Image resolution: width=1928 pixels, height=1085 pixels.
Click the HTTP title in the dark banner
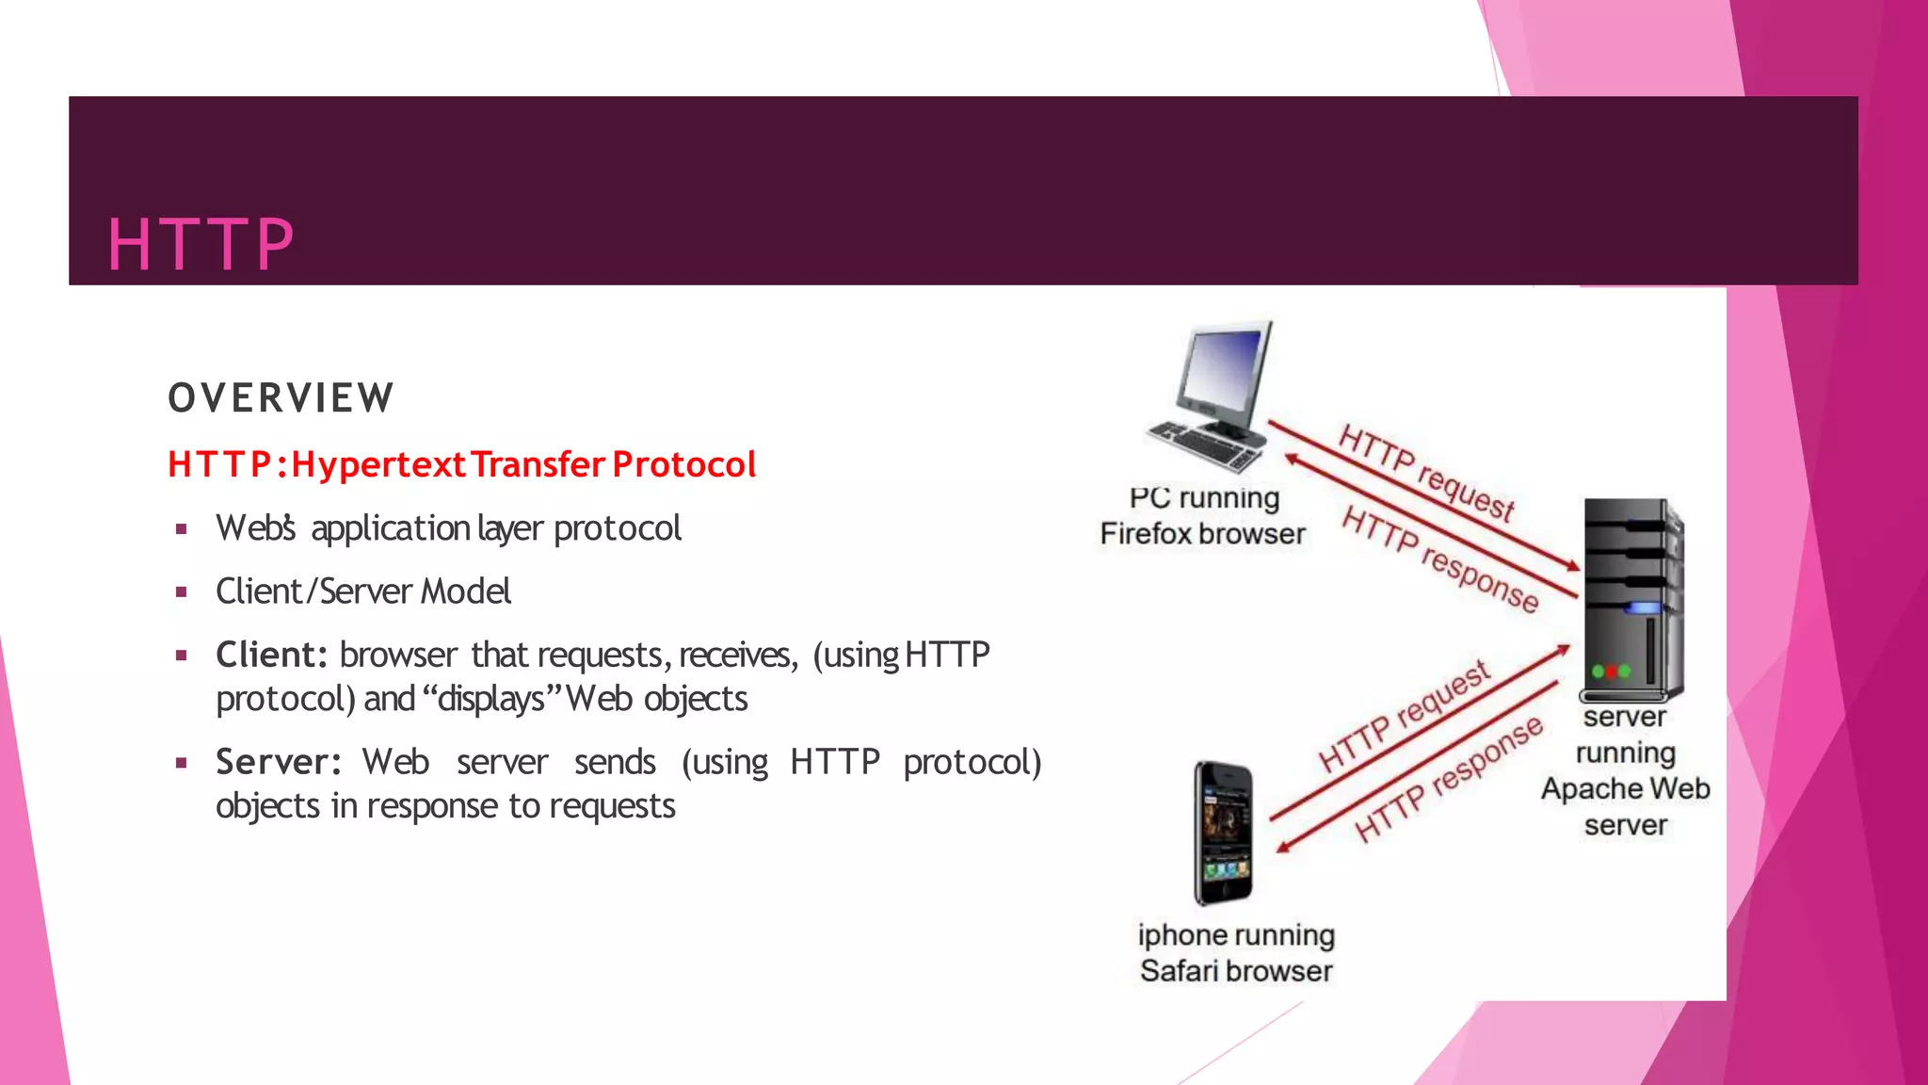click(x=201, y=245)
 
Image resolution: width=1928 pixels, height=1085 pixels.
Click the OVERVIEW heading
click(x=281, y=397)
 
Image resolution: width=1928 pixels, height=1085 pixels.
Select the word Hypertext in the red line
click(x=378, y=464)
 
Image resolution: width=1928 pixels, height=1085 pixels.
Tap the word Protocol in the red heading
click(x=683, y=464)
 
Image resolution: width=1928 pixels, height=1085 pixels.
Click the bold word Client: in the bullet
click(x=271, y=655)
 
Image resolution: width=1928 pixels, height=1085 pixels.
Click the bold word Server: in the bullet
click(x=278, y=762)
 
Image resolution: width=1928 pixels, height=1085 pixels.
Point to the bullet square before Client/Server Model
click(x=181, y=592)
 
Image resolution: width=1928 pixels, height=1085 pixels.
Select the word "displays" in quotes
click(x=490, y=699)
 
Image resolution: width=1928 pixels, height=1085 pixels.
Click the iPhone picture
click(x=1223, y=834)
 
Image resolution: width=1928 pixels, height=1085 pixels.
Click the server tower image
click(x=1631, y=599)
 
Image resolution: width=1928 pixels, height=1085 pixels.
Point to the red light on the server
click(x=1612, y=672)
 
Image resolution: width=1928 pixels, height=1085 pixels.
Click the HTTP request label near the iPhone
click(x=1403, y=717)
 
